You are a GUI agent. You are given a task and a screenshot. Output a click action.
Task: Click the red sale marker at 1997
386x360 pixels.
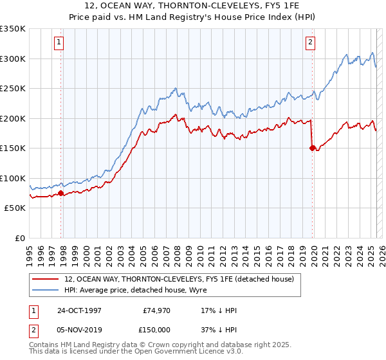[61, 193]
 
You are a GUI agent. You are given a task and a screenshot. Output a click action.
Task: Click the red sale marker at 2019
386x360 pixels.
[312, 148]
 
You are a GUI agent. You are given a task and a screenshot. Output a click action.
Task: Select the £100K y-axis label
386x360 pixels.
[12, 178]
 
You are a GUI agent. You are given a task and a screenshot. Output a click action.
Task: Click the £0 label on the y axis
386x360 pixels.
[19, 238]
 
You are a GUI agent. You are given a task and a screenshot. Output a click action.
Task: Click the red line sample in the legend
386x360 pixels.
[46, 279]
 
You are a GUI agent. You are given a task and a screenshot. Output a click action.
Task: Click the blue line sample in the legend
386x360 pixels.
[46, 290]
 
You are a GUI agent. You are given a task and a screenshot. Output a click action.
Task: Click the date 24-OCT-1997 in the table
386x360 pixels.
[79, 311]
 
